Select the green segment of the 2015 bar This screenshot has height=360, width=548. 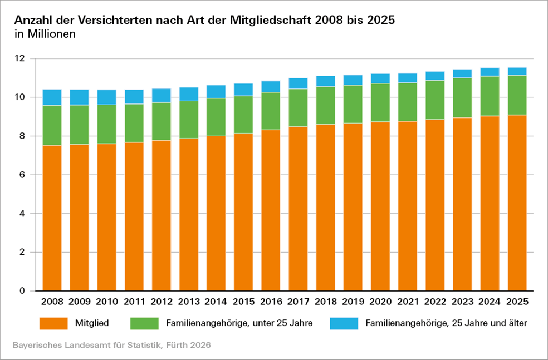pos(243,115)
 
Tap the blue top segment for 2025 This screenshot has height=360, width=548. pos(517,71)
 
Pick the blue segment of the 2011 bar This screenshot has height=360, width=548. pos(134,97)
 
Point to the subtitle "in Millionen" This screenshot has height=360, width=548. pos(45,34)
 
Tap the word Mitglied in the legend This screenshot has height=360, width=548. pos(92,323)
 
